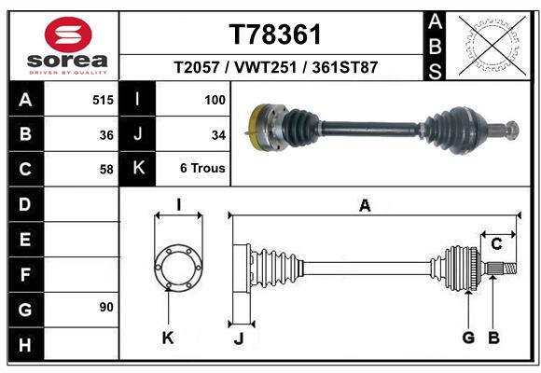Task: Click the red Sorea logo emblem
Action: (x=68, y=35)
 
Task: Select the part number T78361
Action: (x=275, y=35)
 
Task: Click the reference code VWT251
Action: (x=265, y=67)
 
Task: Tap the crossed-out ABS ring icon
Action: (x=492, y=45)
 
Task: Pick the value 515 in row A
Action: (x=103, y=100)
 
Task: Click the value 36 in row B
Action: (x=106, y=135)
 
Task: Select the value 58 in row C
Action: (x=106, y=170)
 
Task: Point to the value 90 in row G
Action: (x=106, y=307)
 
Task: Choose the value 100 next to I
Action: (x=215, y=100)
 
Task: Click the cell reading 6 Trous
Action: (x=202, y=169)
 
